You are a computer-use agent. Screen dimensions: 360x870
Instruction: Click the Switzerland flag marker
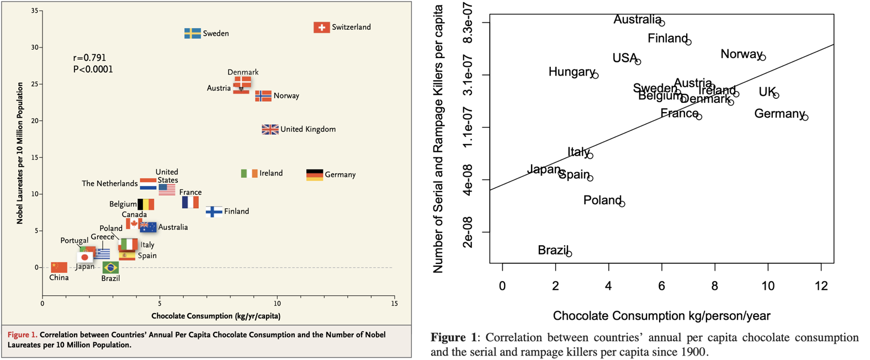[x=321, y=27]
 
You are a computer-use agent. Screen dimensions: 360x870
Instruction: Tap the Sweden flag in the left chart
[x=192, y=33]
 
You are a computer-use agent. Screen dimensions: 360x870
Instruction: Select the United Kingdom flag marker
[x=270, y=129]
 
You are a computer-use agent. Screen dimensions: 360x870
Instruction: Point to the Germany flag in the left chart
[x=315, y=174]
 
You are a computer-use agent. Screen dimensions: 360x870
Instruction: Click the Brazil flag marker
[x=110, y=267]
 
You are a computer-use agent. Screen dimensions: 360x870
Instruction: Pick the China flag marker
[x=59, y=267]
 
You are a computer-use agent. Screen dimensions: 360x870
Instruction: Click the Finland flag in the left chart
[x=214, y=211]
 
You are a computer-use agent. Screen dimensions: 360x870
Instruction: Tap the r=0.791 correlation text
[x=89, y=57]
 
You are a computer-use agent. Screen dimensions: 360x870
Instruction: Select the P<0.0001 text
[x=93, y=69]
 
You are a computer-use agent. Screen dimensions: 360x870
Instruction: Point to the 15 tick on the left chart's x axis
[x=394, y=303]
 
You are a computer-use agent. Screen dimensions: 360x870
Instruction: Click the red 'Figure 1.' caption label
[x=22, y=335]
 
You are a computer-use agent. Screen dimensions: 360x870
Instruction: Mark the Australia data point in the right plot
[x=662, y=23]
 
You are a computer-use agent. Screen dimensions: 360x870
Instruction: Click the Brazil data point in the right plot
[x=569, y=253]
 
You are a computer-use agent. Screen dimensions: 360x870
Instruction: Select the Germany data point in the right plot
[x=805, y=118]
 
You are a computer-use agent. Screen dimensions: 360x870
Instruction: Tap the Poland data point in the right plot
[x=622, y=204]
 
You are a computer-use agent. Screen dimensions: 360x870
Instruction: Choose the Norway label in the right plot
[x=741, y=54]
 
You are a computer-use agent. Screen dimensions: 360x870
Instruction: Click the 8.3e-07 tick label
[x=468, y=23]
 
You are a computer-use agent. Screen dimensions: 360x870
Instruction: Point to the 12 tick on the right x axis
[x=821, y=285]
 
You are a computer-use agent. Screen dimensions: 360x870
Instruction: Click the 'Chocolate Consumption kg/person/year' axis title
[x=661, y=316]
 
